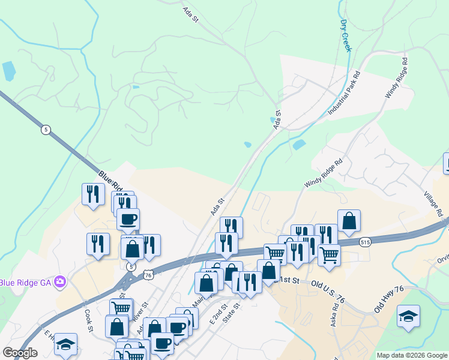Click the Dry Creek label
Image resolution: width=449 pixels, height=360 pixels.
345,35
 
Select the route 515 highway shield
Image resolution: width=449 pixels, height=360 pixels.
364,241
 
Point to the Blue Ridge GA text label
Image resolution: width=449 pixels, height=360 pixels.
26,282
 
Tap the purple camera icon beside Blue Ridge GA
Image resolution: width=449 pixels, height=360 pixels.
59,281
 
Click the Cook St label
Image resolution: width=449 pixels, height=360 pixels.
89,320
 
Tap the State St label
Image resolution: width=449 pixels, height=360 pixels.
231,313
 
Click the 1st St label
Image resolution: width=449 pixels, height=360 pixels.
289,280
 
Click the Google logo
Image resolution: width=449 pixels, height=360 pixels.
20,353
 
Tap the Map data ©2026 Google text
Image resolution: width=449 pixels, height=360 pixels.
411,355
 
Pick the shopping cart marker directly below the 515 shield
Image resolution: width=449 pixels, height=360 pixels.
329,254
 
